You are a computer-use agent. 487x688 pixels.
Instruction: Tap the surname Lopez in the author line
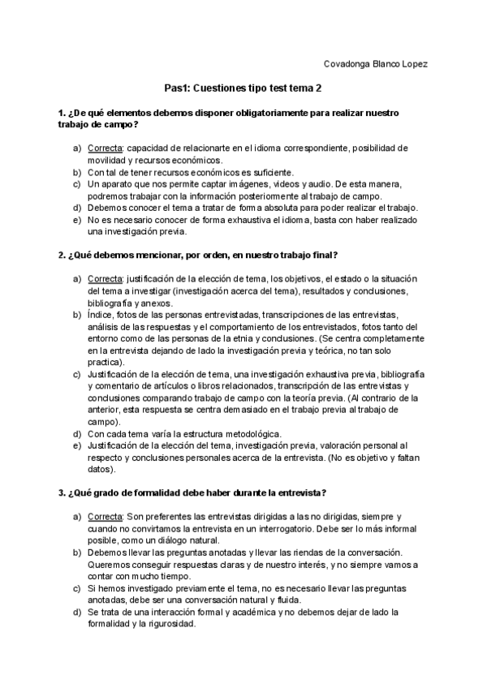(413, 63)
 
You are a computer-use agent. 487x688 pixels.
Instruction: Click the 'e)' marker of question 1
(77, 220)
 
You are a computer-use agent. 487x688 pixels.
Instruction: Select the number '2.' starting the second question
(62, 255)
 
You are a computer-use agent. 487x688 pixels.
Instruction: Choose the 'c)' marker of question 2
(77, 374)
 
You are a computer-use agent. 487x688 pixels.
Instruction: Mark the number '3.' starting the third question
(62, 492)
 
